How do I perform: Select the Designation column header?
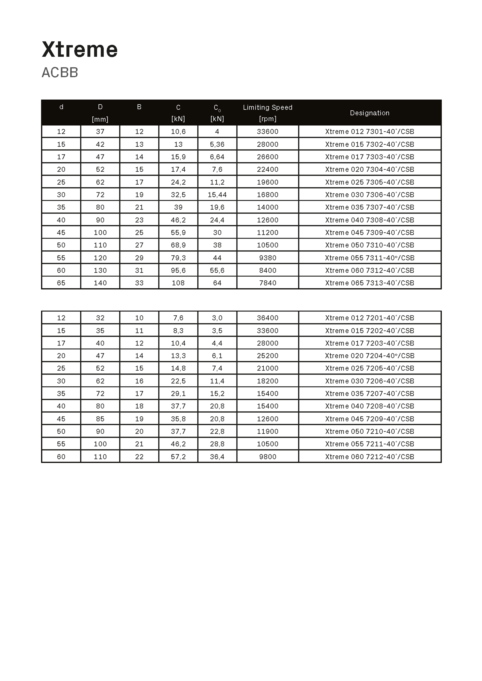coord(370,113)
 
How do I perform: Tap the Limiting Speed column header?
coord(267,107)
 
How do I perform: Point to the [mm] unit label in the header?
coord(100,119)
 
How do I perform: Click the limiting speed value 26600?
coord(267,157)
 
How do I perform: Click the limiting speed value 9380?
coord(267,258)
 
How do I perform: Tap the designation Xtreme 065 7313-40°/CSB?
coord(370,283)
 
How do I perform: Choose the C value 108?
coord(178,283)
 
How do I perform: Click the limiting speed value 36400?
coord(267,318)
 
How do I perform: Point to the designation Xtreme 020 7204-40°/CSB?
coord(370,356)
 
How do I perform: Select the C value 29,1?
coord(178,394)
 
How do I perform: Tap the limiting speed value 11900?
coord(267,432)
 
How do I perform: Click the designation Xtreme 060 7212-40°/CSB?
coord(370,457)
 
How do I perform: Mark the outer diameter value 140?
coord(100,283)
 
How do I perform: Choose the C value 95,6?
coord(178,270)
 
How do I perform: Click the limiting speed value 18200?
coord(267,381)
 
